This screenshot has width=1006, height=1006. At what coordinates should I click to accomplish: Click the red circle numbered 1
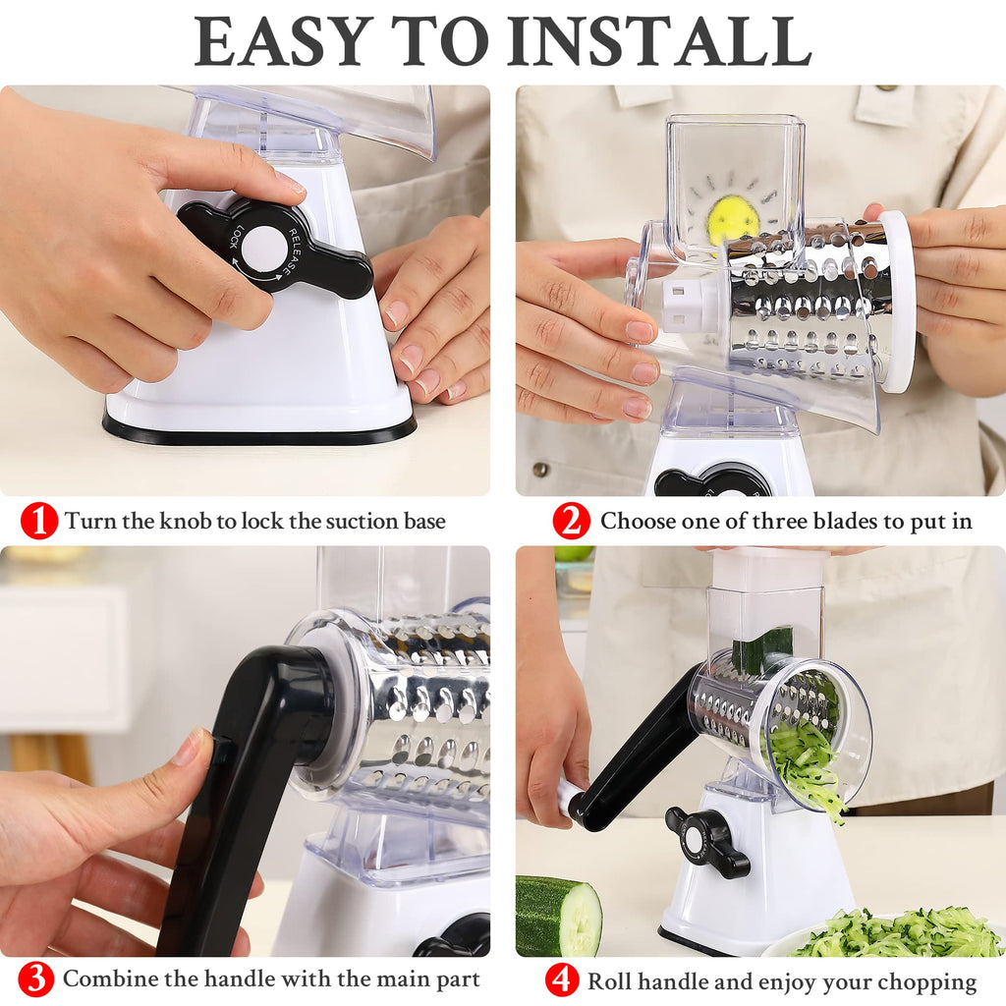[38, 521]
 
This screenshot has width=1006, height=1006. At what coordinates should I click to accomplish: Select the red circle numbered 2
[571, 521]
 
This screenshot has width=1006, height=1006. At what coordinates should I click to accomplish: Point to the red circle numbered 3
[36, 979]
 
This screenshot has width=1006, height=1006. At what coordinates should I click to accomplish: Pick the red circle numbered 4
[562, 981]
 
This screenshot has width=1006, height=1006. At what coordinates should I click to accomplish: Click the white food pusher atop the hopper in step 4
[767, 569]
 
